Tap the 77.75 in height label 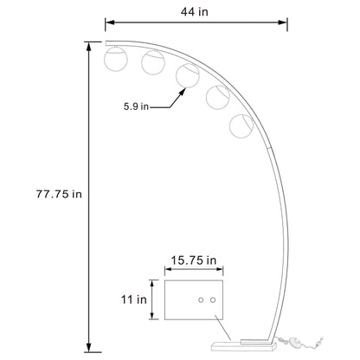coord(52,194)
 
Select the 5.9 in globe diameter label coord(138,107)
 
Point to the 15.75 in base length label coord(193,260)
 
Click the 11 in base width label coord(133,299)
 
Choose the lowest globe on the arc coord(241,125)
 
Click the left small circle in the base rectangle coord(201,299)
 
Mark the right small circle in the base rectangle coord(211,299)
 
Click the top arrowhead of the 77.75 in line coord(88,45)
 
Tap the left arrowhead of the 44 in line coord(109,25)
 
